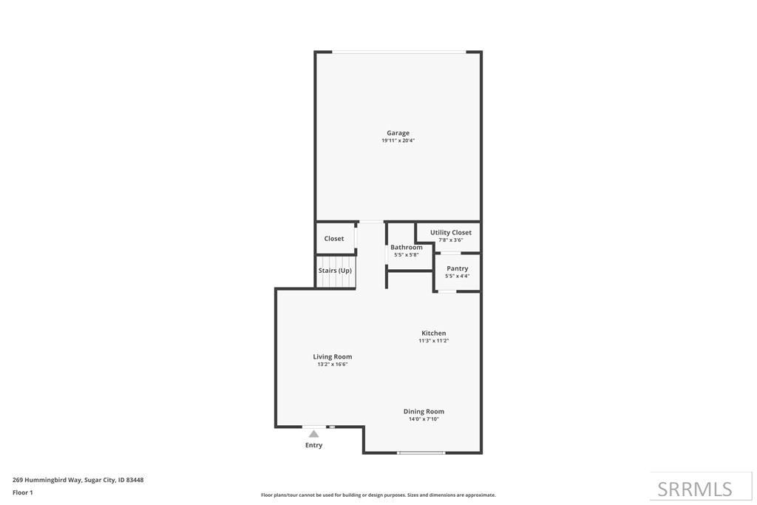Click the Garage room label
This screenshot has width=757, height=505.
point(398,133)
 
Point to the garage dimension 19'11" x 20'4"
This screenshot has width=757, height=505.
point(398,140)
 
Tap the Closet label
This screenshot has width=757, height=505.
point(334,239)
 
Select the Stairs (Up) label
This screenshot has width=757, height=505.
point(335,271)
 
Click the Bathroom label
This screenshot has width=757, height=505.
point(407,247)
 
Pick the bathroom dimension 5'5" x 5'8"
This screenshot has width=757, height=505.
point(407,254)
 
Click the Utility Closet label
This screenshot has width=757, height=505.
point(451,232)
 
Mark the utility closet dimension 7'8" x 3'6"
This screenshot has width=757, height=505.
point(451,240)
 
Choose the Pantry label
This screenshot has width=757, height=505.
point(457,268)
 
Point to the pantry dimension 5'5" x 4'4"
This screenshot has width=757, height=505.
point(457,276)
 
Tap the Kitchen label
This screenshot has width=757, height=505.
point(434,333)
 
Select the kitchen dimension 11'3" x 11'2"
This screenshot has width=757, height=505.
point(434,341)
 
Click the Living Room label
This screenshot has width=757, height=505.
point(333,356)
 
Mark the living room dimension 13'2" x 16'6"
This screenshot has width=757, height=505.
point(333,364)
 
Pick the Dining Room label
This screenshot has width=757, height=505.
point(424,411)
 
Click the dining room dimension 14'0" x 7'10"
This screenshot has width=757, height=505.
point(424,418)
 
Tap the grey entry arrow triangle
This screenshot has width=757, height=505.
point(314,434)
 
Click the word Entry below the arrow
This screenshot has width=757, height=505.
point(314,445)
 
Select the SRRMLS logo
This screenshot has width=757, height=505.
point(695,489)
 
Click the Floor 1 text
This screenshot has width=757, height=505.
point(23,492)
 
